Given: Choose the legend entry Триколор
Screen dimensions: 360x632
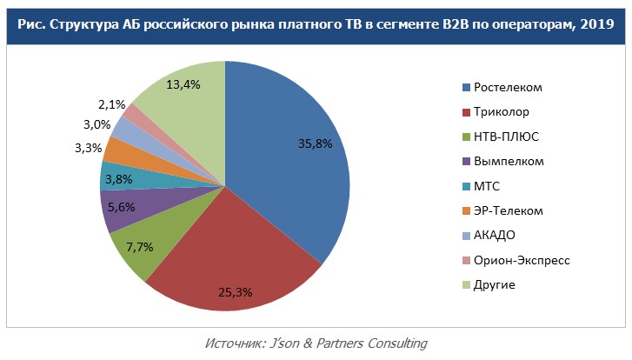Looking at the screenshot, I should coord(502,112).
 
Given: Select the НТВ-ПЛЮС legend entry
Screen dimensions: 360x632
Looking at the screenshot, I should coord(507,137).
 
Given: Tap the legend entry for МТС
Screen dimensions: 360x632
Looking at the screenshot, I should coord(487,186).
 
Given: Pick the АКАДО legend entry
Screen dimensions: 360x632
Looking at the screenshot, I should coord(494,236).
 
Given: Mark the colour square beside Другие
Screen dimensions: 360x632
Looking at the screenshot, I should coord(466,285).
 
